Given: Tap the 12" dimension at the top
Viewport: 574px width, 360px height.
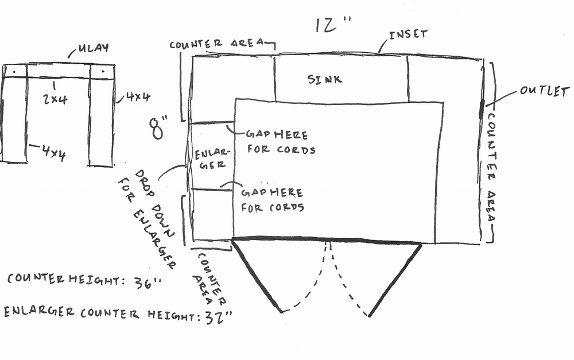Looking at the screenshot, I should click(333, 26).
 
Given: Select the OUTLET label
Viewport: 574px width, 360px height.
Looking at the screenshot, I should click(544, 91).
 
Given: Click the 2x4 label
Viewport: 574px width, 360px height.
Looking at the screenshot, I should click(55, 99).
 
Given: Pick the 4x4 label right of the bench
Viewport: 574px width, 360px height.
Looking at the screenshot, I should click(138, 97).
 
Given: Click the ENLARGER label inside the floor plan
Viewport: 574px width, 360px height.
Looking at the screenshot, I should click(212, 159).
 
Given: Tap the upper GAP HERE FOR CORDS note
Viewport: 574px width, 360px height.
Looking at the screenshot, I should click(280, 142).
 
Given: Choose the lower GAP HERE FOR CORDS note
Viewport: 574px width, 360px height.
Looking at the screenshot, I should click(273, 199).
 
